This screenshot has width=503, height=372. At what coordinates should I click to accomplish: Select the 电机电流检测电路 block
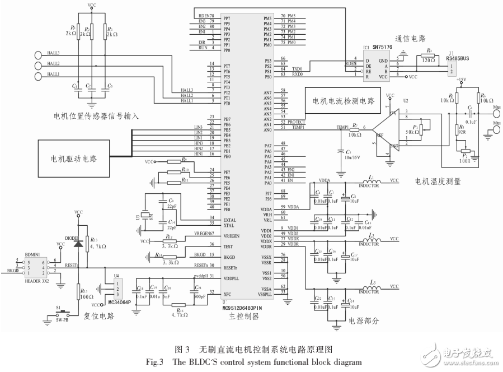[x=342, y=102]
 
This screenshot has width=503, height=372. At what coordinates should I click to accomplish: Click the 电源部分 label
[x=364, y=322]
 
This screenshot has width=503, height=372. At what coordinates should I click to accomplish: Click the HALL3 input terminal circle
[x=39, y=55]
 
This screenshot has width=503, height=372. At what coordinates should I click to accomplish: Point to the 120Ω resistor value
[x=429, y=60]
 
